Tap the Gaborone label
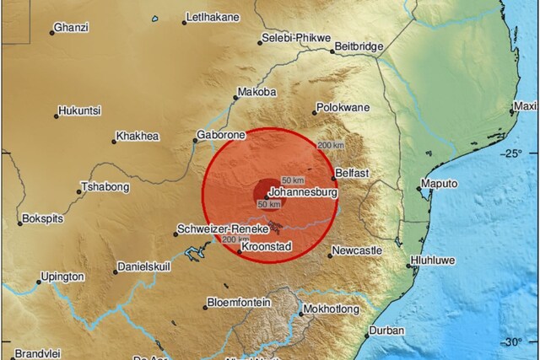point(220,134)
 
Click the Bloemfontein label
point(240,302)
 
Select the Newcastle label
point(358,250)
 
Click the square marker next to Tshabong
point(79,191)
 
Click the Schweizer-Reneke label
point(222,229)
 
